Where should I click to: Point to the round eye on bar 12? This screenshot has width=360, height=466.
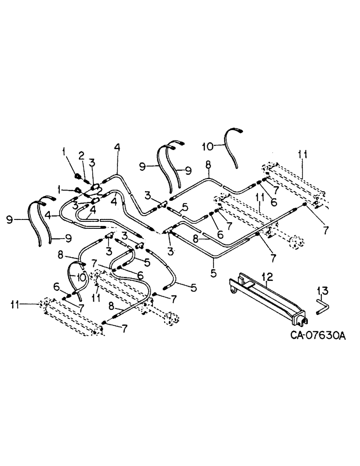coord(232,292)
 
